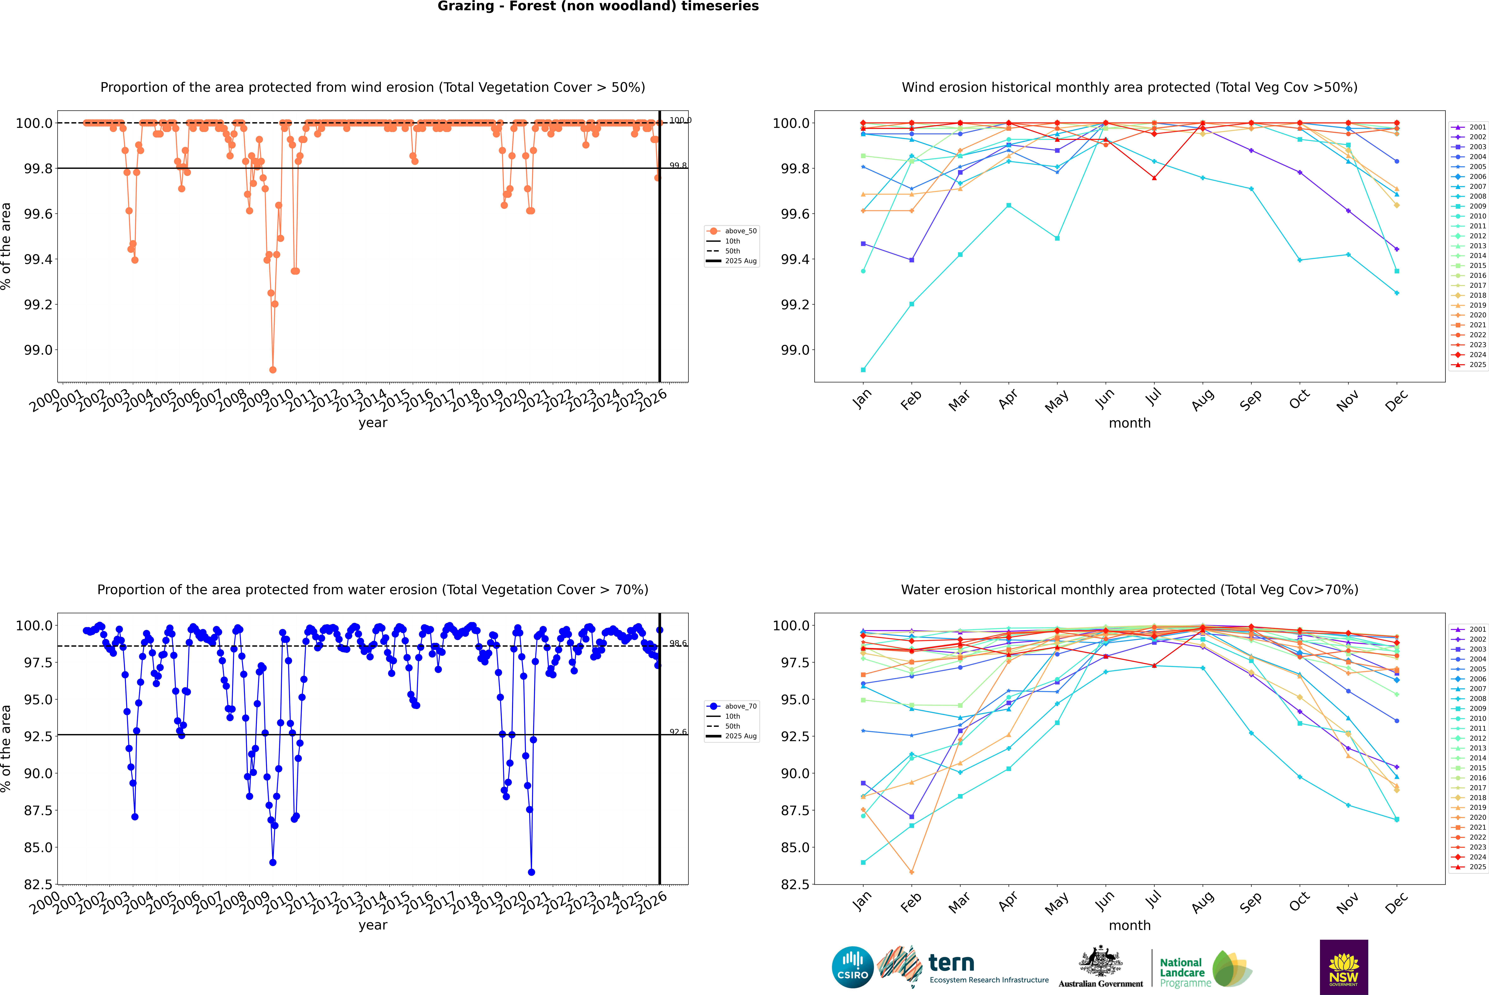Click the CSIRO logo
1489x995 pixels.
pyautogui.click(x=852, y=967)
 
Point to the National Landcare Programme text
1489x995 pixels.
pyautogui.click(x=1182, y=972)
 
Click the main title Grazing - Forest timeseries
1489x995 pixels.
pyautogui.click(x=598, y=6)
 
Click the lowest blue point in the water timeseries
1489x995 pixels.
pyautogui.click(x=531, y=872)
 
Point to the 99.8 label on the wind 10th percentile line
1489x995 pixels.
pyautogui.click(x=678, y=166)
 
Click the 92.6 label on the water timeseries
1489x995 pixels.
pyautogui.click(x=678, y=732)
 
